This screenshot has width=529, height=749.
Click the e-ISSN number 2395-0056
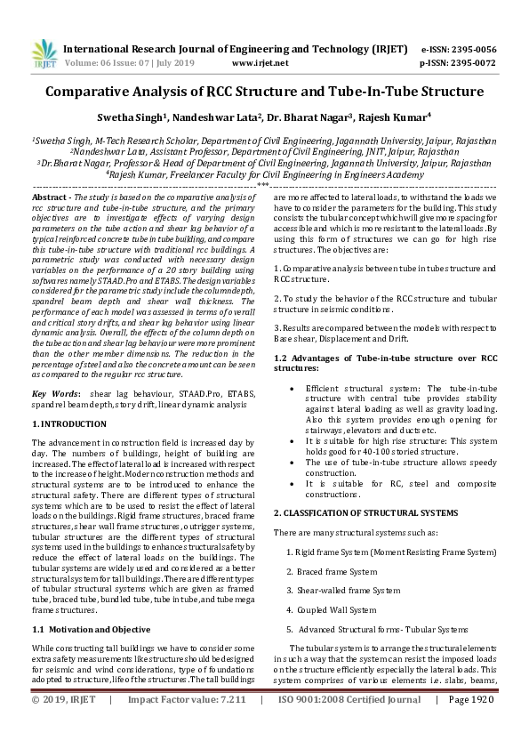tap(470, 49)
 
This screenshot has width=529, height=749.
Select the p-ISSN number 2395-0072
tap(470, 63)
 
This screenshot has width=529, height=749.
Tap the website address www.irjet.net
tap(260, 63)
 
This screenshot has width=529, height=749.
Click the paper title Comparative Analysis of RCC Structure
tap(264, 91)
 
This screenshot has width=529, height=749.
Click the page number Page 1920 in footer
tap(471, 725)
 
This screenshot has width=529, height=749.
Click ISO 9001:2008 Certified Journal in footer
tap(350, 725)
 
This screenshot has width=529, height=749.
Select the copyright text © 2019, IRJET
tap(65, 725)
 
